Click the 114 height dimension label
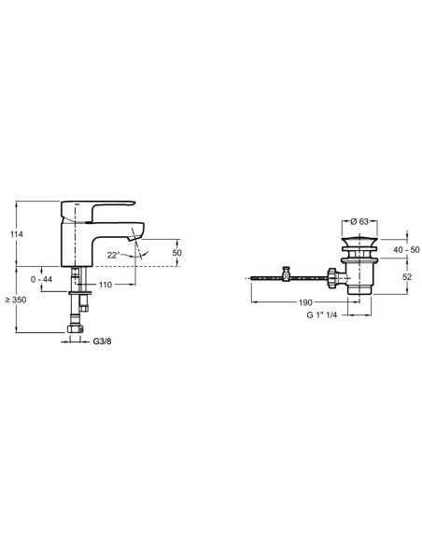16,234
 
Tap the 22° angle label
113,255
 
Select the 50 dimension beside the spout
177,253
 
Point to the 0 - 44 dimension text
41,279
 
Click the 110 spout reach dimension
105,285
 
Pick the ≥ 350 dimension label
16,300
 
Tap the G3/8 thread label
102,342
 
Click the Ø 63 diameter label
359,221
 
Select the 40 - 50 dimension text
406,249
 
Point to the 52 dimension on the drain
407,276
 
